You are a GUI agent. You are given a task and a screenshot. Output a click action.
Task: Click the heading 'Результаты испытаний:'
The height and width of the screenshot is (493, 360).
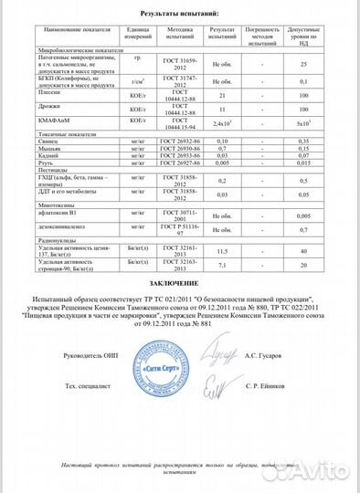(180, 16)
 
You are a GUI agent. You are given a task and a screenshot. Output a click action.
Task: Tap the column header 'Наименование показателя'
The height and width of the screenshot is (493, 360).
(76, 30)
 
